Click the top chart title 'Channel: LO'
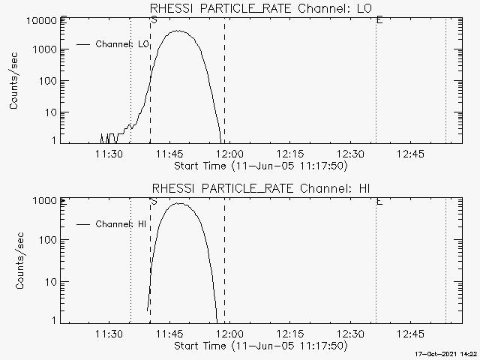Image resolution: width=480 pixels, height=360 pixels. click(x=260, y=8)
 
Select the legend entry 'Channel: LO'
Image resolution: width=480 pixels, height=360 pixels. click(x=123, y=44)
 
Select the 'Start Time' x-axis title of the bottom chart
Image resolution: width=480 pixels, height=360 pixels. click(x=259, y=346)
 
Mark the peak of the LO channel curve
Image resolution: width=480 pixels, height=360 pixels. click(x=178, y=31)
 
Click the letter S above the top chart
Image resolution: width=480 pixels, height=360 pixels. click(x=154, y=20)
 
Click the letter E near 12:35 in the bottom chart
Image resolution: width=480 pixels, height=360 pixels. click(x=379, y=201)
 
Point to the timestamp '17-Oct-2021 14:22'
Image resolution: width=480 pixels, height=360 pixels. click(x=447, y=354)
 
